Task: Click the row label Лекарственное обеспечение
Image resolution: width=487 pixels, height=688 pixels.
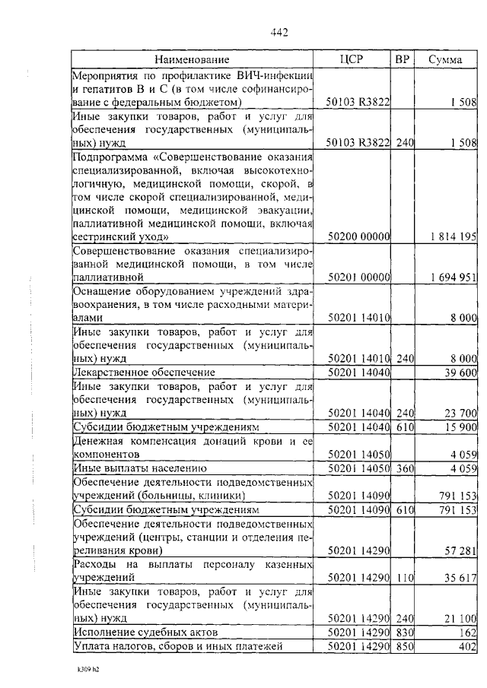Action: (144, 373)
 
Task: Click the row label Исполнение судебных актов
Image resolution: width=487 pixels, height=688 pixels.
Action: (145, 632)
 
